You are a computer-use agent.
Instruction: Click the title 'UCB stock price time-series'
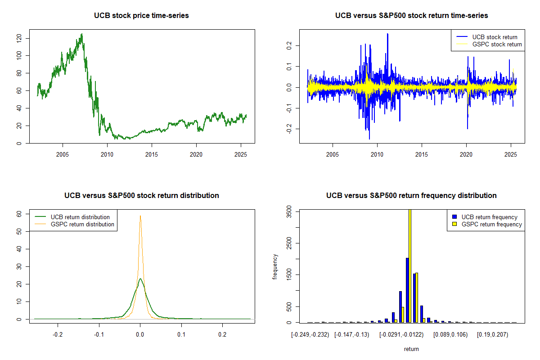click(141, 16)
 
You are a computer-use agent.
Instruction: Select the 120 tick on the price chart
click(19, 38)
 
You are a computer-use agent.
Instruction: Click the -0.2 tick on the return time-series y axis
click(288, 129)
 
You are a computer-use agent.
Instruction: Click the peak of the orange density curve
click(140, 216)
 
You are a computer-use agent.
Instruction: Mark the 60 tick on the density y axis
click(19, 214)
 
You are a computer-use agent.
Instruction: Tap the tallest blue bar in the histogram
click(407, 290)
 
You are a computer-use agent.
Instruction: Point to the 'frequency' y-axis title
click(275, 267)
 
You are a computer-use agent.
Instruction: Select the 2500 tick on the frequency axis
click(288, 243)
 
